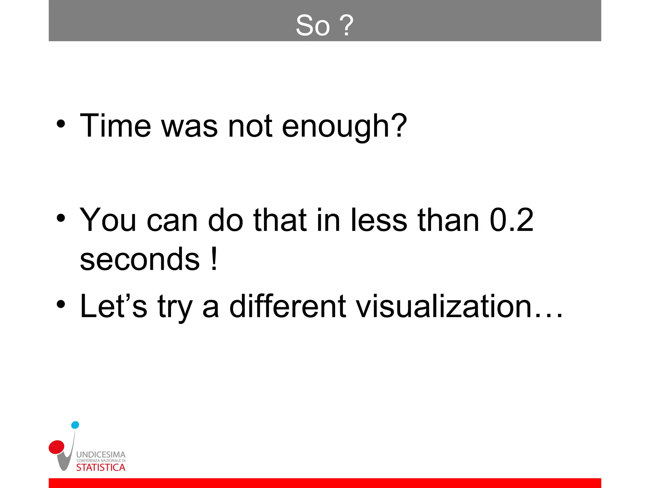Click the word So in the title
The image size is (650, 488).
point(313,25)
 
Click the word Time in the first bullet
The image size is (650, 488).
point(115,126)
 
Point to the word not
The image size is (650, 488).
point(250,126)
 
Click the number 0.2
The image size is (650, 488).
point(512,220)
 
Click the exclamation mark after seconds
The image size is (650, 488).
point(215,259)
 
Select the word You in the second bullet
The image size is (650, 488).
point(108,220)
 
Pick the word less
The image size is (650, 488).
point(379,220)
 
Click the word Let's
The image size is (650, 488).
point(113,306)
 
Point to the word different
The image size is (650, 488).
point(287,306)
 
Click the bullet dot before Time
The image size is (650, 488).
point(61,124)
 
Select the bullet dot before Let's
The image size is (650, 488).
point(61,304)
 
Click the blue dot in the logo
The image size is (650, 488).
point(75,425)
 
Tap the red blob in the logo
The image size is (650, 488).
point(57,447)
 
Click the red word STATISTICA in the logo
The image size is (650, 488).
point(101,468)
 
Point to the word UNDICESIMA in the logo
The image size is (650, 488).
point(101,455)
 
